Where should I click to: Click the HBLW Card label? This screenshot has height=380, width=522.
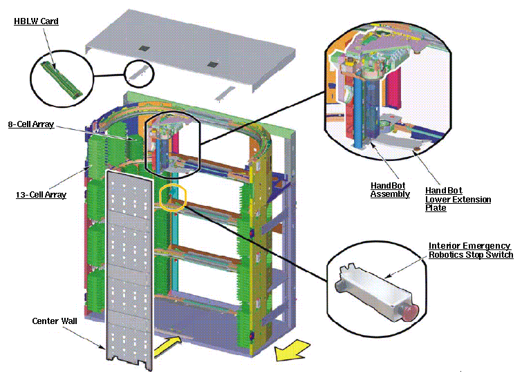[36, 21]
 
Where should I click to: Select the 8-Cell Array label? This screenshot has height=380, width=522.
[30, 125]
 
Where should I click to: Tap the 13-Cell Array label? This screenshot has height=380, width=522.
[41, 195]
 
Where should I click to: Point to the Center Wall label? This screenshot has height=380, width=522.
[54, 321]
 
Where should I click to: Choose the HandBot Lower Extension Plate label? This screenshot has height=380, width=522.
[458, 199]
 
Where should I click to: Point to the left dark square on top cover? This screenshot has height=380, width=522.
[142, 48]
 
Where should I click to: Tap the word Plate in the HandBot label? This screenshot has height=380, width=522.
[436, 208]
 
